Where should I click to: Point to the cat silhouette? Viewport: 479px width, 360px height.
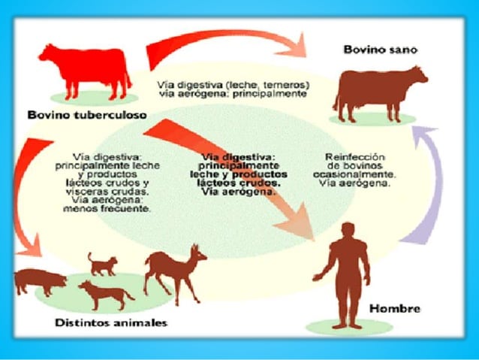[x=102, y=265]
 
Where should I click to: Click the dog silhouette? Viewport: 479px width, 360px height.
[x=105, y=294]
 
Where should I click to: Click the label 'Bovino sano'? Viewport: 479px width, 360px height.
[x=381, y=50]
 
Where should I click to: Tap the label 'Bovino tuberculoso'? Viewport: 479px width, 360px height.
[x=87, y=115]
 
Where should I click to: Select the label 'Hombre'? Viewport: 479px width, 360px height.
[x=395, y=308]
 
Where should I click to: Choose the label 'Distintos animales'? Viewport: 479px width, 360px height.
[x=111, y=322]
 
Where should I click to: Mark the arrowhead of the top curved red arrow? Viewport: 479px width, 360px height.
[x=294, y=47]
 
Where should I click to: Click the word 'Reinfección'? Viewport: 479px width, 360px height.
[x=355, y=157]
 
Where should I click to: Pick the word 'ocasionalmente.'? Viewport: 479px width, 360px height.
[x=354, y=174]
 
